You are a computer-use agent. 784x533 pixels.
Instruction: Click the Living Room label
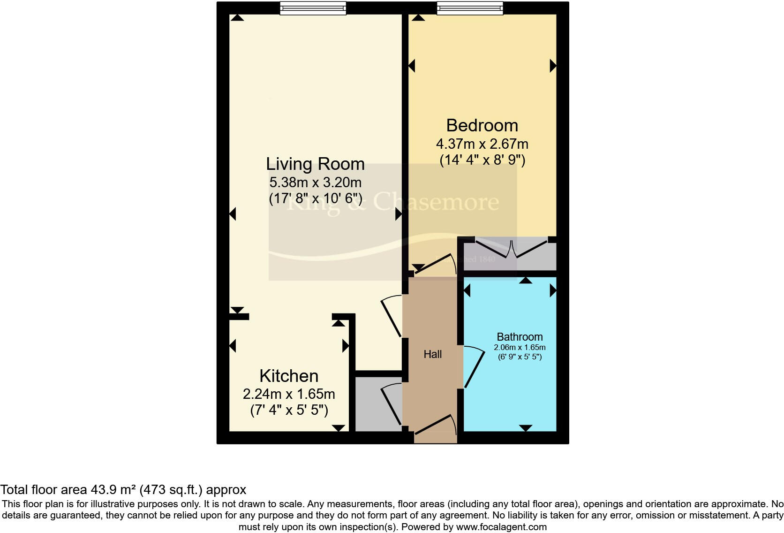(315, 164)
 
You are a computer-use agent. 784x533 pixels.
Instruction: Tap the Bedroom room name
(482, 125)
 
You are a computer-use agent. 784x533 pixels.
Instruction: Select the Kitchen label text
(289, 376)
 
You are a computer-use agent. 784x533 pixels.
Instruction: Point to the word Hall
(432, 354)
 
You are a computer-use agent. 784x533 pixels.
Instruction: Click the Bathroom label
(520, 336)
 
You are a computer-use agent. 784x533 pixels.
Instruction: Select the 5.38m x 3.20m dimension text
(315, 182)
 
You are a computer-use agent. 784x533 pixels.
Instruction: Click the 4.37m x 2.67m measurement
(482, 143)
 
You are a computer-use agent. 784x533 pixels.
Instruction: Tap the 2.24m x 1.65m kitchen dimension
(289, 394)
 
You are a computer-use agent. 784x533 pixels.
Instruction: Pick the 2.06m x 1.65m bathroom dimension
(520, 348)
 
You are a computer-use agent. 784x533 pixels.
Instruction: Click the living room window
(313, 8)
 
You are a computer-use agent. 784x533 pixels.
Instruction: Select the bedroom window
(470, 8)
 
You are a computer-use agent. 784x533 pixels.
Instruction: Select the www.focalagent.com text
(501, 526)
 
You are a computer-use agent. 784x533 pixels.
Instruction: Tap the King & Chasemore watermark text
(392, 202)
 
